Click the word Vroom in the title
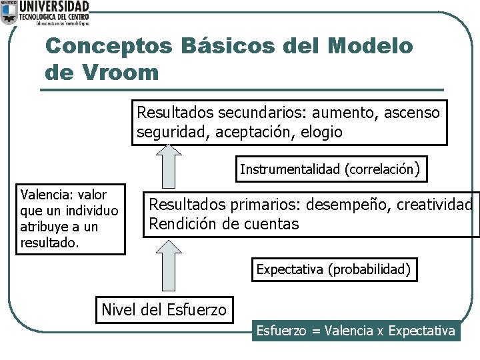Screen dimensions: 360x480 [119, 71]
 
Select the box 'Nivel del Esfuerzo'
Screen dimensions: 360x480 [164, 310]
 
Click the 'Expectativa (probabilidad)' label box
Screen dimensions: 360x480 [334, 270]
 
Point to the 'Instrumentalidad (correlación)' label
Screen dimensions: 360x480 [329, 169]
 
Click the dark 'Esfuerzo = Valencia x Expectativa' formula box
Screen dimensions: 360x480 [356, 331]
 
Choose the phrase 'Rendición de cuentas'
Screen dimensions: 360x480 [223, 224]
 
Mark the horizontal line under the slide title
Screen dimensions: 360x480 [243, 90]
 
